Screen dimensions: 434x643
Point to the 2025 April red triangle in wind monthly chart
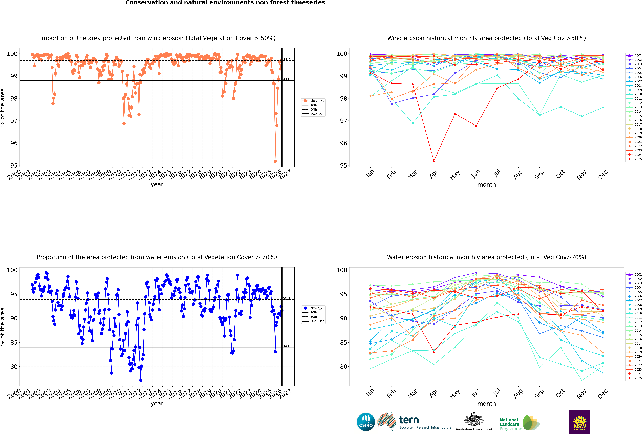(x=434, y=161)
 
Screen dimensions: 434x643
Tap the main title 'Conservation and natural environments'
(x=225, y=3)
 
